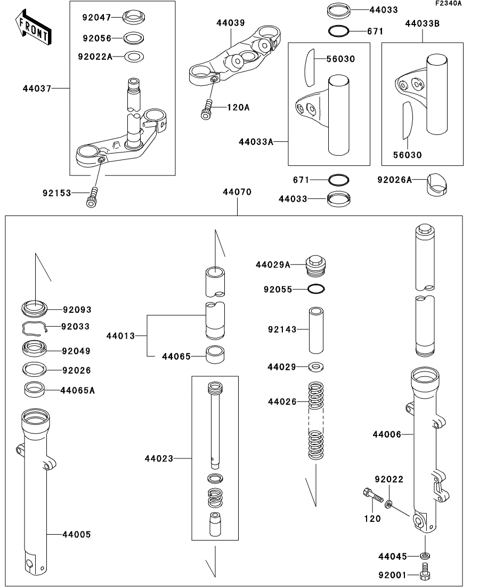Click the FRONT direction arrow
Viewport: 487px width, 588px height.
(33, 30)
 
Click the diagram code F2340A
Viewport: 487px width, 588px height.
(448, 4)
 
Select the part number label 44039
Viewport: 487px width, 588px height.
(231, 23)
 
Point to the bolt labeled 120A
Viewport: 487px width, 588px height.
(207, 110)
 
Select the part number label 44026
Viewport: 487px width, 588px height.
(282, 401)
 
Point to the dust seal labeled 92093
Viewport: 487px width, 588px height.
(35, 308)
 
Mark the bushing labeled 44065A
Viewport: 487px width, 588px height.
(35, 389)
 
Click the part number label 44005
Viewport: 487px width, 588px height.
(77, 534)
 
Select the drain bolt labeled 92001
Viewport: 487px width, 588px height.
(425, 574)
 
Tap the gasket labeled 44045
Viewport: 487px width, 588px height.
(425, 556)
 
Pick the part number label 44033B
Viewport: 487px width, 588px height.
(423, 23)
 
